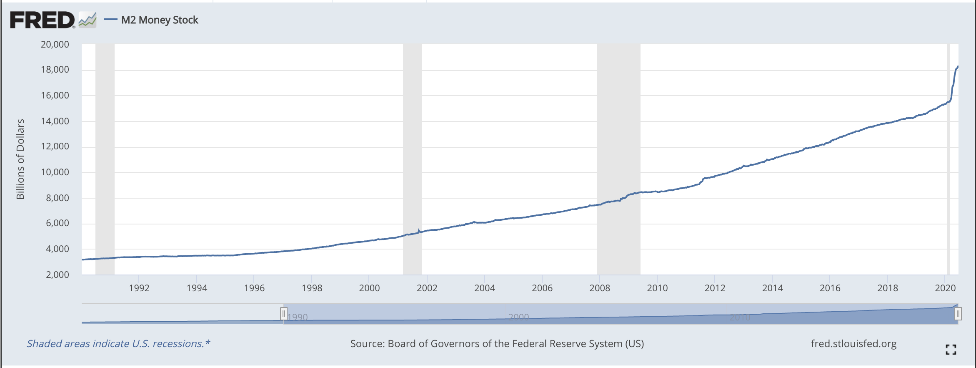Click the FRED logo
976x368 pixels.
pyautogui.click(x=42, y=20)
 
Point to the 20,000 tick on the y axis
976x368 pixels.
pyautogui.click(x=55, y=44)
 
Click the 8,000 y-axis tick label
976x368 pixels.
pyautogui.click(x=57, y=198)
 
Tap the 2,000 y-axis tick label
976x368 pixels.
pyautogui.click(x=57, y=275)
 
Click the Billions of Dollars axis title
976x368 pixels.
pyautogui.click(x=20, y=159)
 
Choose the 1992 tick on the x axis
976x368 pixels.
pyautogui.click(x=139, y=288)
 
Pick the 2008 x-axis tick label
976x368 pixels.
pyautogui.click(x=599, y=288)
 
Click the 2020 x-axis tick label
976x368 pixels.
pyautogui.click(x=945, y=288)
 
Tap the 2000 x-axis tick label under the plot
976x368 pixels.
pyautogui.click(x=369, y=288)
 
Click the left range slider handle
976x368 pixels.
pyautogui.click(x=283, y=313)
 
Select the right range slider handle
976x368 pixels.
pyautogui.click(x=958, y=313)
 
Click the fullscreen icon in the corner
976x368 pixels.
pyautogui.click(x=951, y=350)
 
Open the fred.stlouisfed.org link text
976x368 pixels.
pyautogui.click(x=853, y=343)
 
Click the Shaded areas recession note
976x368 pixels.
pyautogui.click(x=118, y=343)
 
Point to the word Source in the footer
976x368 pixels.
pyautogui.click(x=367, y=343)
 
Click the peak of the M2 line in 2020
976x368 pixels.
pyautogui.click(x=958, y=66)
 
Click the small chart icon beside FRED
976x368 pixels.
pyautogui.click(x=88, y=20)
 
